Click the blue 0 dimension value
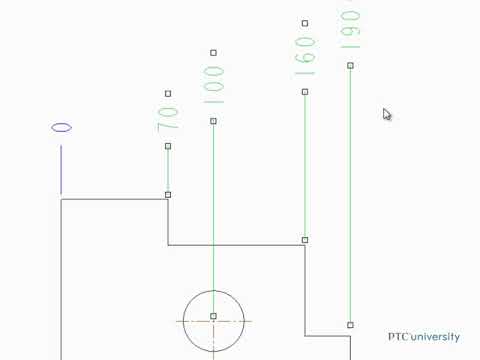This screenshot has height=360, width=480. click(x=61, y=128)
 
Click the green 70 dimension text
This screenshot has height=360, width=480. click(x=168, y=119)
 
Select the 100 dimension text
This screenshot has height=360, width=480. click(x=213, y=86)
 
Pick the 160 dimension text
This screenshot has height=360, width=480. click(x=305, y=57)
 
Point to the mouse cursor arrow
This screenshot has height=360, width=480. click(x=387, y=114)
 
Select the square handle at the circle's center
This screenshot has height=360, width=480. click(x=213, y=316)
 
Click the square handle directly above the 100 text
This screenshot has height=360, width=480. click(x=213, y=53)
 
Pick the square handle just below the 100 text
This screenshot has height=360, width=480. click(x=213, y=121)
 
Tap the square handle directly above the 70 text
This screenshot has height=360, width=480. click(x=168, y=93)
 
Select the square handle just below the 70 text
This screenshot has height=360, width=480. click(x=168, y=146)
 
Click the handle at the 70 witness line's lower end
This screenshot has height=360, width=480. click(x=168, y=195)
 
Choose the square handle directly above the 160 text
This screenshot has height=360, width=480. click(x=305, y=23)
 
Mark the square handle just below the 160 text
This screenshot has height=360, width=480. click(x=305, y=92)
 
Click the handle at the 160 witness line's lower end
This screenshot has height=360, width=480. click(x=305, y=240)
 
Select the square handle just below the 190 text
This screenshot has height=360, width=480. click(x=350, y=66)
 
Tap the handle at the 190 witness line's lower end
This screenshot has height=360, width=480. click(x=350, y=325)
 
